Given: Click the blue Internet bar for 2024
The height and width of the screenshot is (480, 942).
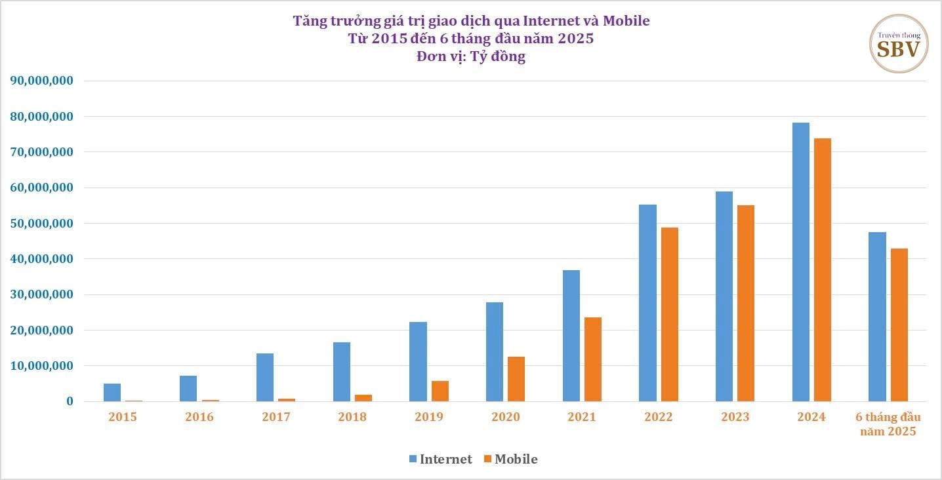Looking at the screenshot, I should pyautogui.click(x=800, y=262).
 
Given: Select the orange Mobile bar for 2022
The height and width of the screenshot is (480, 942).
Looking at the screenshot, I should pyautogui.click(x=670, y=315).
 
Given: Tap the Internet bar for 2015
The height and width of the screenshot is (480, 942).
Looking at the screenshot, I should pyautogui.click(x=112, y=392).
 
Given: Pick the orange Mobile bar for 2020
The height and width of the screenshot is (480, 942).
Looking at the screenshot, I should pyautogui.click(x=516, y=379).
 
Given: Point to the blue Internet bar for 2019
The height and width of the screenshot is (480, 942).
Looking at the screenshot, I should pyautogui.click(x=418, y=361).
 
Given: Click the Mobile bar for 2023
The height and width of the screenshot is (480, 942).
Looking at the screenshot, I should pyautogui.click(x=746, y=304).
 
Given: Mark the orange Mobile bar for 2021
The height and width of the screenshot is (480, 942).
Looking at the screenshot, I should pyautogui.click(x=593, y=359).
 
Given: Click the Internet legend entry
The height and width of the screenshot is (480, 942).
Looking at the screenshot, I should pyautogui.click(x=440, y=459).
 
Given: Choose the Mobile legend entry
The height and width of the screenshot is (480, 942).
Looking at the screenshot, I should pyautogui.click(x=510, y=459).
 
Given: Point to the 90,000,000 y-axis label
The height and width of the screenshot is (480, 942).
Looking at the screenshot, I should pyautogui.click(x=42, y=81).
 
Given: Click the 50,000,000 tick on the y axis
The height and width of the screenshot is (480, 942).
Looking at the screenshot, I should pyautogui.click(x=42, y=223).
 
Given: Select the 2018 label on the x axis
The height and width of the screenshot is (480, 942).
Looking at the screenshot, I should pyautogui.click(x=352, y=417).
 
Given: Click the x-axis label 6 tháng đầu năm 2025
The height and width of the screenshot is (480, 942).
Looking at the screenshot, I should pyautogui.click(x=888, y=424).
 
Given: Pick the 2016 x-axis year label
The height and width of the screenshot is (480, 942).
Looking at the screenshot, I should pyautogui.click(x=199, y=417).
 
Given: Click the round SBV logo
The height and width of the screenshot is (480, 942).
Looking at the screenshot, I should pyautogui.click(x=899, y=44).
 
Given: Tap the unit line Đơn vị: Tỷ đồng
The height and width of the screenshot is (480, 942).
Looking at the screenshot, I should pyautogui.click(x=471, y=56).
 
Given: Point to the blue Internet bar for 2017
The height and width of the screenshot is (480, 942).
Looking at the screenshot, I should pyautogui.click(x=265, y=377).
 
